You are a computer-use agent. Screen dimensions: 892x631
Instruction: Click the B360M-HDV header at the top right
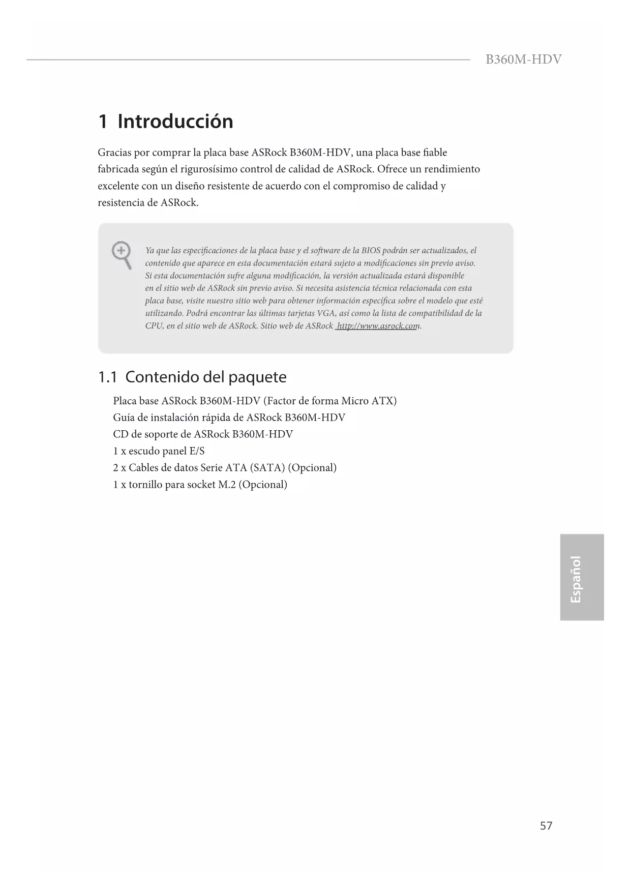pyautogui.click(x=523, y=60)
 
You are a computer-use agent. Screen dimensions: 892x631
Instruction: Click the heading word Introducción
pyautogui.click(x=175, y=122)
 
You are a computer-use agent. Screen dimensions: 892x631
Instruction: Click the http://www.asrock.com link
pyautogui.click(x=377, y=326)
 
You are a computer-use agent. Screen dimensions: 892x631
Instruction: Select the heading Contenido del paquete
pyautogui.click(x=206, y=377)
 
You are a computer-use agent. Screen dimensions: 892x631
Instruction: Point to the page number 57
pyautogui.click(x=546, y=825)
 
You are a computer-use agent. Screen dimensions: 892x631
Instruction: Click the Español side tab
pyautogui.click(x=576, y=579)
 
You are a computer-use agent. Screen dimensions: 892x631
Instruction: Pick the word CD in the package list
pyautogui.click(x=121, y=434)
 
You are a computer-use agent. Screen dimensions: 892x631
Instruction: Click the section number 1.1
pyautogui.click(x=107, y=377)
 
